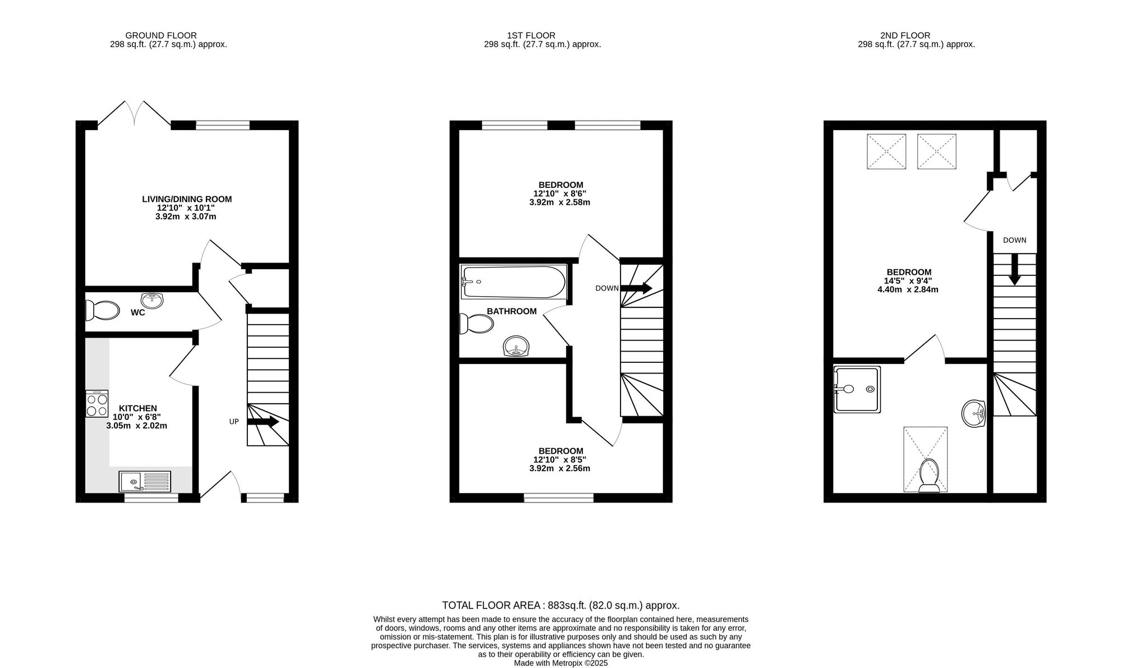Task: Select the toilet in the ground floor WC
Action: tap(103, 310)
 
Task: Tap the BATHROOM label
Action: tap(511, 311)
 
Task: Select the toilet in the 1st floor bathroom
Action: tap(476, 324)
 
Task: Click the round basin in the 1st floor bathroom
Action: tap(516, 347)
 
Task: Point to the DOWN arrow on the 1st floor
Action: tap(636, 288)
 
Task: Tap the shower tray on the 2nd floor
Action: tap(857, 389)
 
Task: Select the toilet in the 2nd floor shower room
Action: tap(929, 476)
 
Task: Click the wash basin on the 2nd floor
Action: tap(974, 414)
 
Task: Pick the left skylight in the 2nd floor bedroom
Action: tap(886, 151)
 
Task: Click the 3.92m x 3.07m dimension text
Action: tap(186, 216)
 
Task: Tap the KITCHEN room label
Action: tap(137, 408)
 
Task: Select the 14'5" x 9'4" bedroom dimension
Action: tap(908, 281)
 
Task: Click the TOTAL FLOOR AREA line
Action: tap(560, 605)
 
